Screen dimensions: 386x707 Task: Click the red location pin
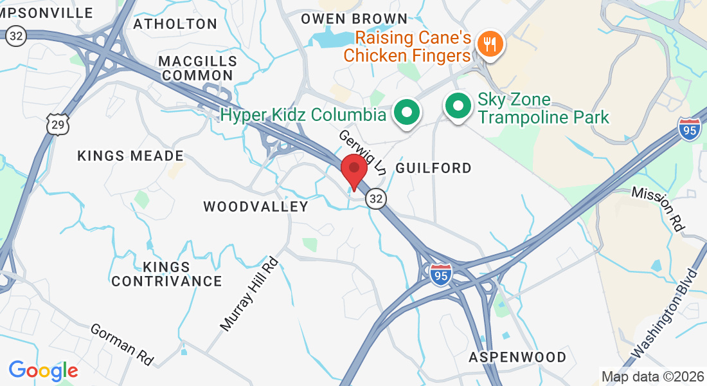(x=353, y=170)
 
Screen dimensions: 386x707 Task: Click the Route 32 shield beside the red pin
(x=376, y=199)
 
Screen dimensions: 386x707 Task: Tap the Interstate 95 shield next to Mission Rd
(x=688, y=129)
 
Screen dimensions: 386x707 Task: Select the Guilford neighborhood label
(x=433, y=168)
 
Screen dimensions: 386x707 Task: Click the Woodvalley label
(x=256, y=207)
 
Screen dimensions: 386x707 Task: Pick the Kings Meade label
(x=130, y=156)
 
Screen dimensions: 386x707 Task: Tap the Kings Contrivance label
(x=166, y=274)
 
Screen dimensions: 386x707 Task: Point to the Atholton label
(x=175, y=24)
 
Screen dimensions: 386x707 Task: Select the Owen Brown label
(x=354, y=19)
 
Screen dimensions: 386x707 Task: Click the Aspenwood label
(x=517, y=357)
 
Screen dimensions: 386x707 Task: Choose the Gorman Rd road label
(x=122, y=344)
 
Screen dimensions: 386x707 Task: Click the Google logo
(x=43, y=371)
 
